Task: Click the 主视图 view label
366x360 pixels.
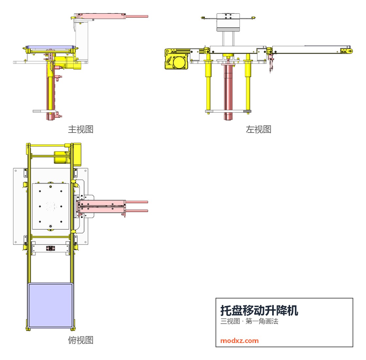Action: click(80, 129)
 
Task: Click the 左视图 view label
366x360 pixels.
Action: click(258, 129)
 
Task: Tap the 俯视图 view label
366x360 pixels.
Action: click(80, 340)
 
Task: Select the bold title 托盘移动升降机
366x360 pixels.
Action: click(259, 311)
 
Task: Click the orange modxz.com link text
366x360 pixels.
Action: click(239, 341)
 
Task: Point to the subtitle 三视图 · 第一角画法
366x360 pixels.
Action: click(249, 321)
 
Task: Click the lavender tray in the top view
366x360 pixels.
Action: click(50, 305)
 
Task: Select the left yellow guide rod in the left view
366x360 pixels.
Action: click(208, 84)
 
